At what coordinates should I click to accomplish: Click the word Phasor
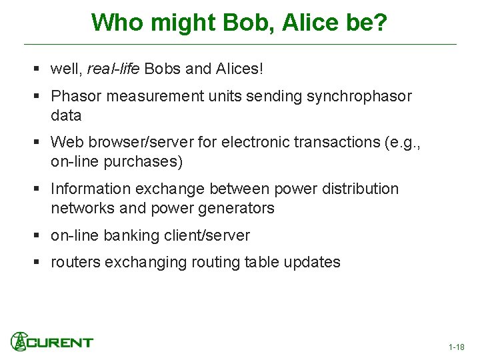pyautogui.click(x=76, y=97)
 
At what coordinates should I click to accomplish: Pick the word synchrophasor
pyautogui.click(x=359, y=97)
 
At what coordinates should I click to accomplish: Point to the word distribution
pyautogui.click(x=360, y=189)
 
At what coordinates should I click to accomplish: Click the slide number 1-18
pyautogui.click(x=457, y=347)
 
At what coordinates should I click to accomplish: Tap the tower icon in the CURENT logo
pyautogui.click(x=19, y=341)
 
